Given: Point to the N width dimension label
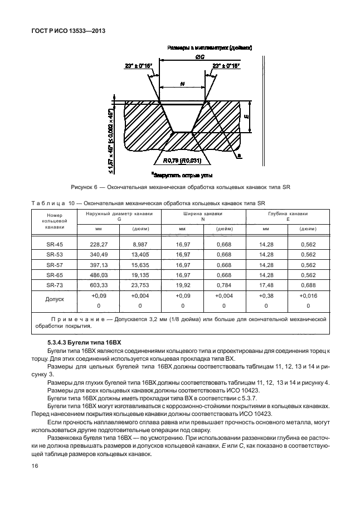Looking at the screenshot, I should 182,84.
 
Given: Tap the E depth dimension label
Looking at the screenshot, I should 246,118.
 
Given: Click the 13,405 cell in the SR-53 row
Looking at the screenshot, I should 139,254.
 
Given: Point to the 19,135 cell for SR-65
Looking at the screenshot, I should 139,275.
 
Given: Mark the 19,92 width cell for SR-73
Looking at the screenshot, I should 182,285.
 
